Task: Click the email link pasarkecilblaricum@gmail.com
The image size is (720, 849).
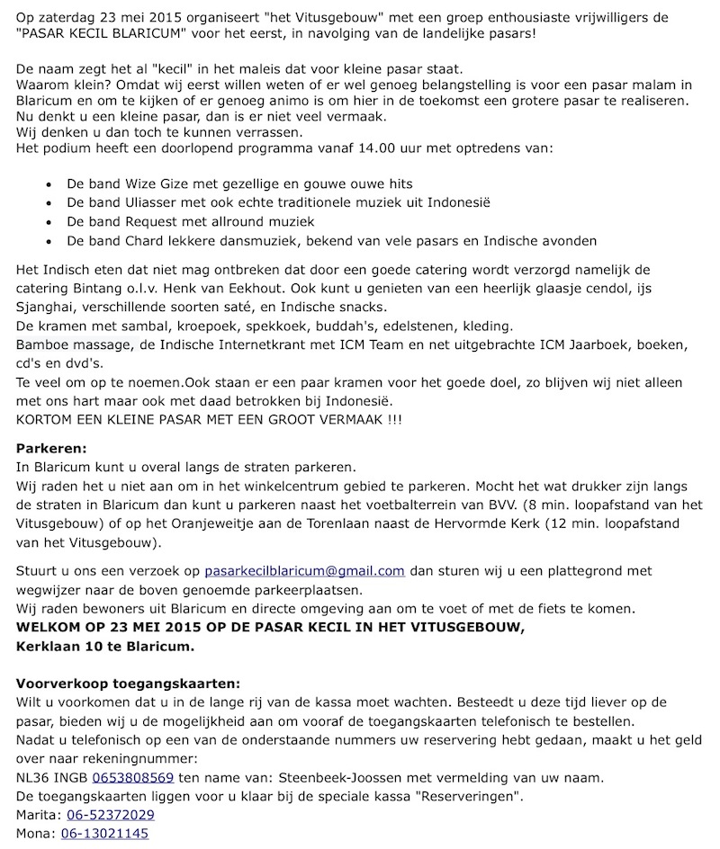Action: (x=304, y=571)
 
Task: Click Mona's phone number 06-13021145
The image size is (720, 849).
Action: (x=104, y=834)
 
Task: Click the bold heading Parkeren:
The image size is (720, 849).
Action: (x=52, y=448)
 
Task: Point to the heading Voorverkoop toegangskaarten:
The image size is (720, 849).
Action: (x=129, y=684)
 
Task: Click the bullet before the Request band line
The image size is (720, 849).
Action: (x=47, y=222)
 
